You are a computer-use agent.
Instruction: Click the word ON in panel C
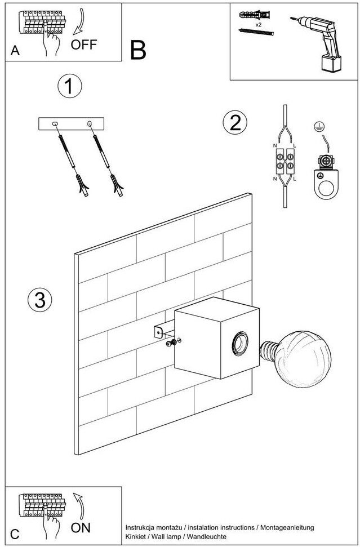81,528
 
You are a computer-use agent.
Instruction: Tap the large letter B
138,50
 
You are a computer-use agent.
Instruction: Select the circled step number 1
70,87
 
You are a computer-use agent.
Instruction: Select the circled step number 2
235,123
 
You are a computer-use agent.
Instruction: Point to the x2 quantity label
258,25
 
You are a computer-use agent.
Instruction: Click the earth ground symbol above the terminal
318,128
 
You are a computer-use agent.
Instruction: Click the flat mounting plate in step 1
71,124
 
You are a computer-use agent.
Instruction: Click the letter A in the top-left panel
15,51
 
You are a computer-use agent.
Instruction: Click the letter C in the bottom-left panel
15,534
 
